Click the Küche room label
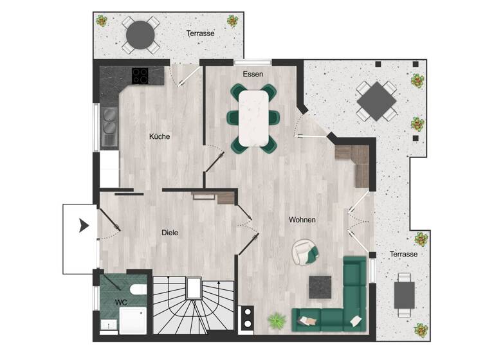click(x=159, y=136)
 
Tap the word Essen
click(x=253, y=74)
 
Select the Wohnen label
click(x=302, y=220)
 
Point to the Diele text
click(x=170, y=233)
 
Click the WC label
click(x=120, y=301)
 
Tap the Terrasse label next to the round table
click(x=201, y=33)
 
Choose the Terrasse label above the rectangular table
click(x=403, y=255)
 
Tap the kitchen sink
click(x=109, y=126)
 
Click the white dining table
click(x=253, y=117)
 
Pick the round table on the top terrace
click(x=140, y=33)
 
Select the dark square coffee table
click(x=320, y=287)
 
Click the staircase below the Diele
click(x=193, y=309)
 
